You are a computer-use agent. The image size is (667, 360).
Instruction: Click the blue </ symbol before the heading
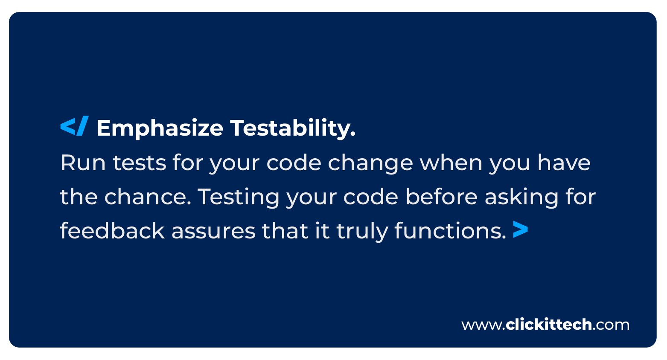pyautogui.click(x=74, y=126)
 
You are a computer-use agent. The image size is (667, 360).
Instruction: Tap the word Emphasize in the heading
pyautogui.click(x=160, y=128)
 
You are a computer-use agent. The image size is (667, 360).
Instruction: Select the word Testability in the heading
pyautogui.click(x=293, y=128)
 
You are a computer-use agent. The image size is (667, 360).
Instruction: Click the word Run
pyautogui.click(x=83, y=163)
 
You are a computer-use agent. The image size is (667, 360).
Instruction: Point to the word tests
pyautogui.click(x=140, y=163)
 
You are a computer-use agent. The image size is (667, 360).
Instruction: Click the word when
pyautogui.click(x=451, y=163)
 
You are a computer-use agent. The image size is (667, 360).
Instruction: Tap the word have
pyautogui.click(x=564, y=163)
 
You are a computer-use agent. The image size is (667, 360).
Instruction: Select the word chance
pyautogui.click(x=148, y=197)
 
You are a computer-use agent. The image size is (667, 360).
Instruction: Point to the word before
pyautogui.click(x=442, y=197)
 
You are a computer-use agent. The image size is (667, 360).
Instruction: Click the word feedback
pyautogui.click(x=113, y=231)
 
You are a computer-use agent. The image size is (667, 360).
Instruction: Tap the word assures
pyautogui.click(x=213, y=232)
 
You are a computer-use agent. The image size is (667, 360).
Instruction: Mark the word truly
pyautogui.click(x=362, y=232)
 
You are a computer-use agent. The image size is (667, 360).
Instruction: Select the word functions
pyautogui.click(x=450, y=231)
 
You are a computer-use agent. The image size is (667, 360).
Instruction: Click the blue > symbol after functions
pyautogui.click(x=520, y=229)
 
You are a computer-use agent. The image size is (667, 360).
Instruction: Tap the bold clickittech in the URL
pyautogui.click(x=548, y=324)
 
